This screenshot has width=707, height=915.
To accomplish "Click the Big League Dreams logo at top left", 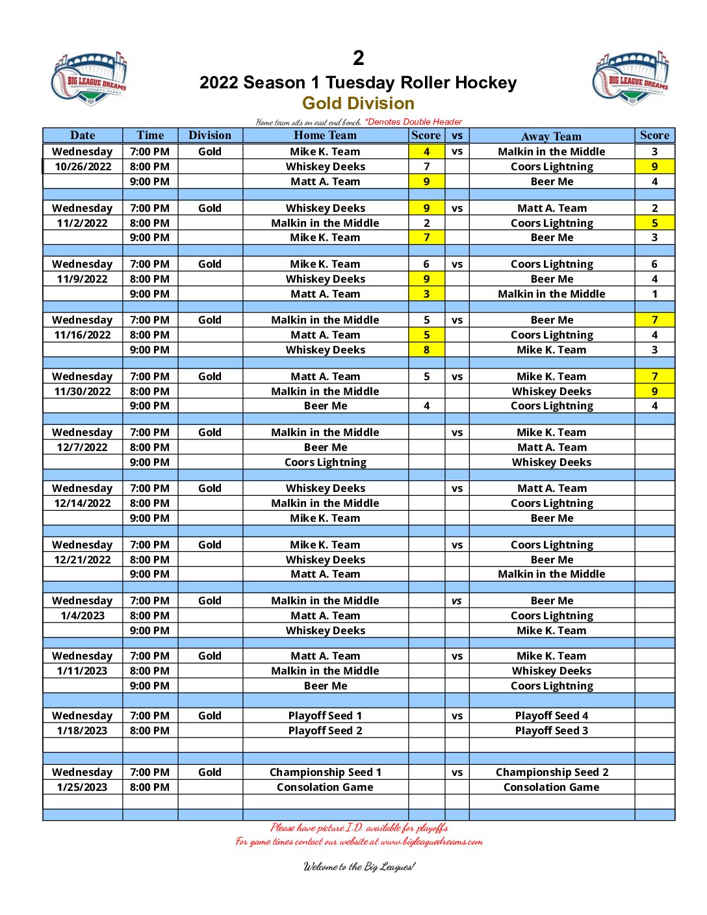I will [89, 79].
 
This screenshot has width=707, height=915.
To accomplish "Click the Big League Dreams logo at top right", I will [630, 77].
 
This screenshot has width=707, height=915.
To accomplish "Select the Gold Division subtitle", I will [358, 103].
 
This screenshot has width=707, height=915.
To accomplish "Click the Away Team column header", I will [551, 136].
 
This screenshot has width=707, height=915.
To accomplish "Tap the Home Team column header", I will [325, 135].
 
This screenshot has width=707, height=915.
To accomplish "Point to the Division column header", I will [209, 135].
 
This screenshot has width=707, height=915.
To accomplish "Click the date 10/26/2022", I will [83, 166].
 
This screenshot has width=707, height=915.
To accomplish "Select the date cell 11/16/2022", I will [83, 335].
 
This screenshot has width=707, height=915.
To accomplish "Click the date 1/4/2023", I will [83, 615].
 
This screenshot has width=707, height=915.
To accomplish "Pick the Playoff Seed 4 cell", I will [551, 715].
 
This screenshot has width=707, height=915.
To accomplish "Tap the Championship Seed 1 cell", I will [325, 772].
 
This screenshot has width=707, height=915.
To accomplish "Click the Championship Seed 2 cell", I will [552, 772].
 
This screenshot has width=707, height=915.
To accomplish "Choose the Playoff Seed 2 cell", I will [325, 730].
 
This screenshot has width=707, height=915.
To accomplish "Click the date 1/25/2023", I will [83, 787].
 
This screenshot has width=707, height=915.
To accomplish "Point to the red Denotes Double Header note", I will [413, 122].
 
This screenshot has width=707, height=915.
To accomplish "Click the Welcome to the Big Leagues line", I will [359, 866].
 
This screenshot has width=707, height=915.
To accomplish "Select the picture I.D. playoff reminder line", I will [359, 827].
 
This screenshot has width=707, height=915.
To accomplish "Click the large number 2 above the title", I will [358, 58].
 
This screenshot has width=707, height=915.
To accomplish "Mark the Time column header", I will [150, 135].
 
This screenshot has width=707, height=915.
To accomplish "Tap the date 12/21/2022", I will [83, 560].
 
